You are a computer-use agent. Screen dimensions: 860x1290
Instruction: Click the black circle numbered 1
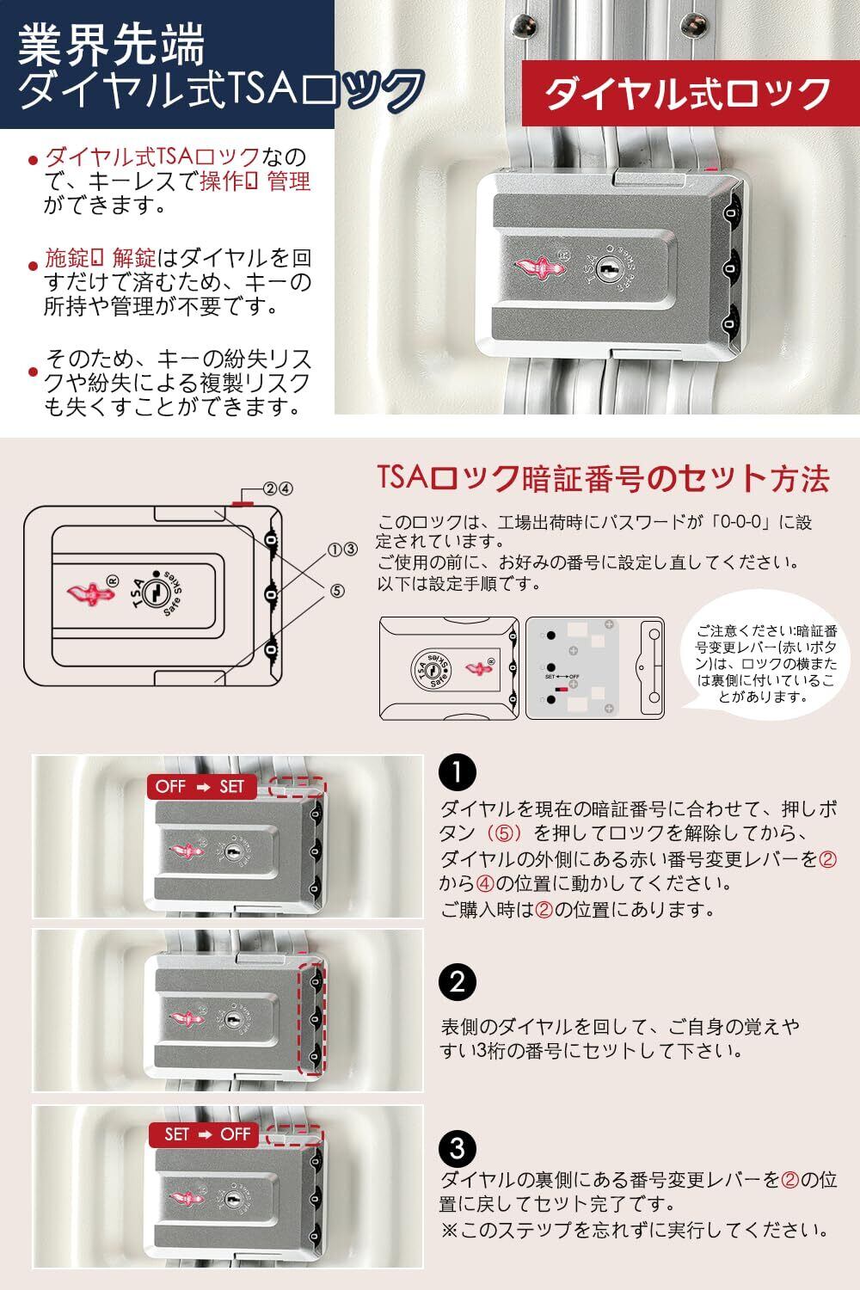457,772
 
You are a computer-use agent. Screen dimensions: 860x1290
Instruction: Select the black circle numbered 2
457,981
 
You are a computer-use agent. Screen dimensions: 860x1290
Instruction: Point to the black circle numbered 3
457,1147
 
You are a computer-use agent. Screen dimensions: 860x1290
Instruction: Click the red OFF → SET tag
200,786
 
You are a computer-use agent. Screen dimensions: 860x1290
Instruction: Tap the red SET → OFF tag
206,1134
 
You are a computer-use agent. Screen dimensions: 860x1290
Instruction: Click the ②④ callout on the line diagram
278,488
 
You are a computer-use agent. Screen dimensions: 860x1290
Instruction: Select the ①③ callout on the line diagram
342,549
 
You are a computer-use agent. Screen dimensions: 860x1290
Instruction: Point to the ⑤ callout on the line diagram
336,591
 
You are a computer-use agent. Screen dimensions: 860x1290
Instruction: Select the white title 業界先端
112,45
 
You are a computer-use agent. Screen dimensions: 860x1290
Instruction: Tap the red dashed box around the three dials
314,1020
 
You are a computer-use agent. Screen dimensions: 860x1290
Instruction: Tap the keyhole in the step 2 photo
231,1020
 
